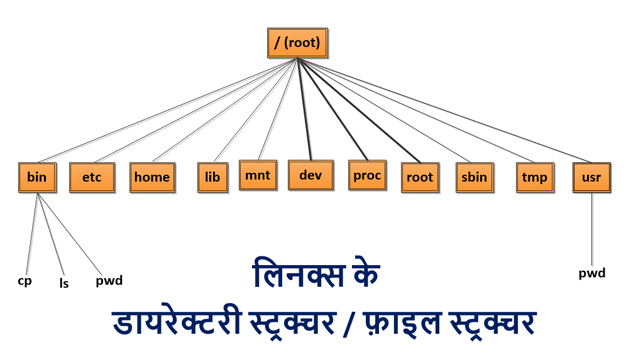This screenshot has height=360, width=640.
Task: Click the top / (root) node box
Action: (x=297, y=43)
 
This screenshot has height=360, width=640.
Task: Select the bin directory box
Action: (x=37, y=177)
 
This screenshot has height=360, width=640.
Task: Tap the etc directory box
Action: (x=92, y=177)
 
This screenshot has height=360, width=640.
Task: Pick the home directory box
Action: (x=152, y=177)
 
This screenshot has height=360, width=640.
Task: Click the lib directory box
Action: (x=212, y=177)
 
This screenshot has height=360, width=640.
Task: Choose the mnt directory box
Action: (x=258, y=176)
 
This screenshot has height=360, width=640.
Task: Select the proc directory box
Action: (x=367, y=175)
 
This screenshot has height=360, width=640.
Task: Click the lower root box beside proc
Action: (x=420, y=177)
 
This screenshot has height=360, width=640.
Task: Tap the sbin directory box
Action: (x=474, y=177)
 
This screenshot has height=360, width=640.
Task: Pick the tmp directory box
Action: (x=534, y=177)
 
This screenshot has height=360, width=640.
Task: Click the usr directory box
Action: (x=591, y=177)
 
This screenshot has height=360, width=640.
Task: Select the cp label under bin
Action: (x=25, y=281)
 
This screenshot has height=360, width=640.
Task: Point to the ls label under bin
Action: (x=64, y=284)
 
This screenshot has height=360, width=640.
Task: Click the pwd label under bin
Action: (x=109, y=281)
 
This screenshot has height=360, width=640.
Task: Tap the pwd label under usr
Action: (x=592, y=273)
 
